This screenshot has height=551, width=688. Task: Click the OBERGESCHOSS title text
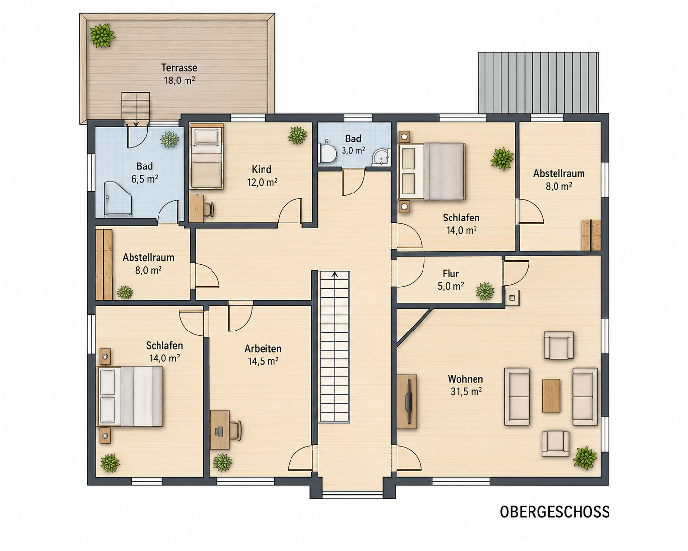coord(555,512)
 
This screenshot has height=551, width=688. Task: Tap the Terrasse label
coord(179,68)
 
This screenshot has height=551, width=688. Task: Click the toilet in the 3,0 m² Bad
coord(327,152)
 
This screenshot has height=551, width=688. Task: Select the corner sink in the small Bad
coord(381,158)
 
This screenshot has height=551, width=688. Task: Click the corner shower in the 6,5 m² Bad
coord(117,198)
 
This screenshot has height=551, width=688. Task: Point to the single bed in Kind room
coord(206,156)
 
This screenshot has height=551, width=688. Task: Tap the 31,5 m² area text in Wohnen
coord(467,392)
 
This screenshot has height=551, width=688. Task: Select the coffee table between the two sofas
coord(551,395)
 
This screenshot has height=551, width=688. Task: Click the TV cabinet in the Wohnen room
coord(407,402)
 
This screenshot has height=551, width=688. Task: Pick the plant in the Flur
coord(485,291)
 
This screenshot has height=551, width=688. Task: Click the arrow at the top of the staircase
coord(335,274)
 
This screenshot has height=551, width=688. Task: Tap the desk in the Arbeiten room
coord(220,429)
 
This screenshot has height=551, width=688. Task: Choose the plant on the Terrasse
coord(102,35)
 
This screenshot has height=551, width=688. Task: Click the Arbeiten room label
coord(263,349)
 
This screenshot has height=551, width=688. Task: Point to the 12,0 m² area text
coord(262,182)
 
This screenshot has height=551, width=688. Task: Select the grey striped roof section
coord(538,83)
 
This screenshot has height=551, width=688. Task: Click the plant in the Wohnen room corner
coord(585,458)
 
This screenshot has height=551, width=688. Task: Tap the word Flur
coord(451,274)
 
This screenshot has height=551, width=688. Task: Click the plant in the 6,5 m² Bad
coord(169,139)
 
